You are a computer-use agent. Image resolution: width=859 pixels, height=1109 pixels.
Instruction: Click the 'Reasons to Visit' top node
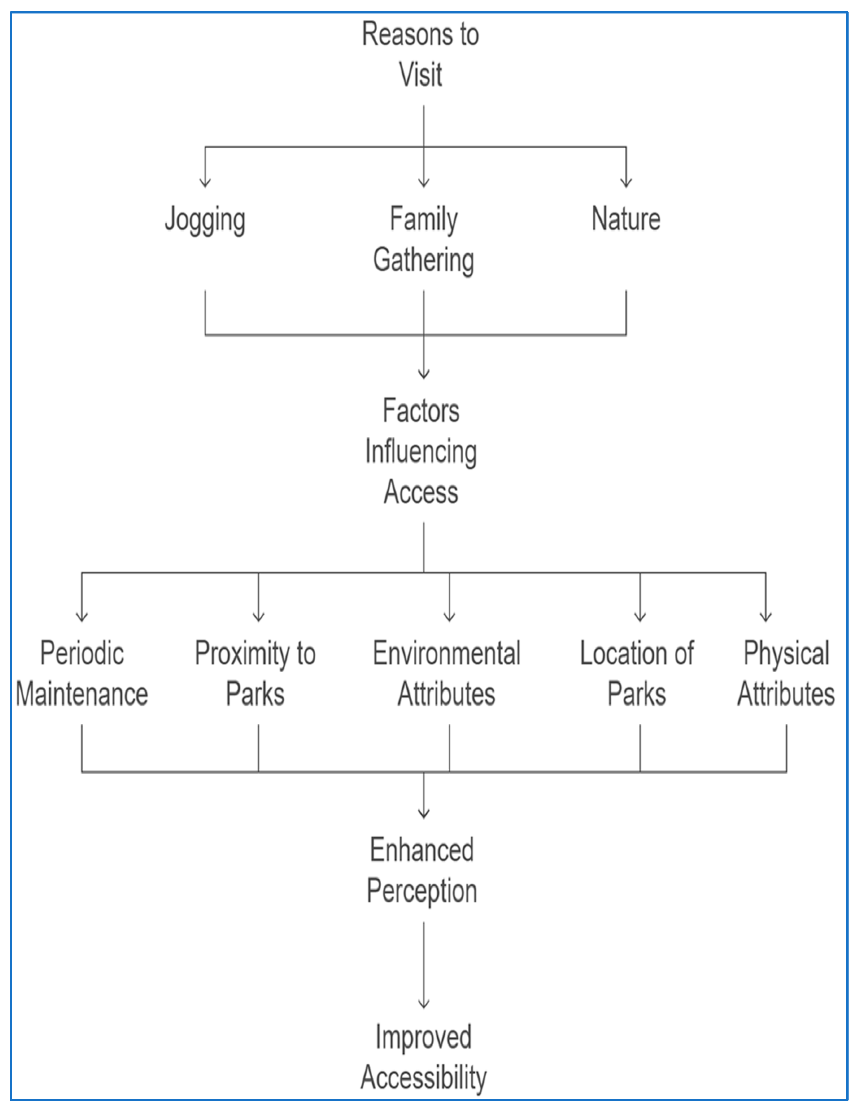[x=420, y=54]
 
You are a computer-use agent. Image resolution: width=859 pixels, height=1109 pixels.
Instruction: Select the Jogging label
[x=205, y=219]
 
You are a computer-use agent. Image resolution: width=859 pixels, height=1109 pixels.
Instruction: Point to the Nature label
[x=626, y=219]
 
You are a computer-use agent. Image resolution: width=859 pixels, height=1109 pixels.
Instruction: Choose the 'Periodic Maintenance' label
[x=82, y=673]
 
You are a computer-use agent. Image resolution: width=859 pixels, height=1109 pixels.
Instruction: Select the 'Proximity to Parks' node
[x=256, y=673]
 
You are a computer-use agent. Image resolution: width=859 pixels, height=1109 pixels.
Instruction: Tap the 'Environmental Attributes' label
[x=447, y=673]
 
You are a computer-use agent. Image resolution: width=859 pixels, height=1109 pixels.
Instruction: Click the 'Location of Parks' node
[x=637, y=673]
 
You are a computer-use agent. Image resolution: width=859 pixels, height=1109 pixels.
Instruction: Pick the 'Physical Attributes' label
[x=786, y=673]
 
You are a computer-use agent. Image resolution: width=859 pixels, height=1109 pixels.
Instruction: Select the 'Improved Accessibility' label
[x=423, y=1057]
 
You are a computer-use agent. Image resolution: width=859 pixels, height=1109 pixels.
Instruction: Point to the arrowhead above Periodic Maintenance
[x=82, y=617]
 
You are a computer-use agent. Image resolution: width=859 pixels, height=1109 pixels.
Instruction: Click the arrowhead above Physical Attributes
[x=766, y=617]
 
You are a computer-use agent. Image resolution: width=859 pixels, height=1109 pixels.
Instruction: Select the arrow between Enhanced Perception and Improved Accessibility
[x=424, y=965]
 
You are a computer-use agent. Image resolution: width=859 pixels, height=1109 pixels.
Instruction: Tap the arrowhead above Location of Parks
[x=640, y=617]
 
